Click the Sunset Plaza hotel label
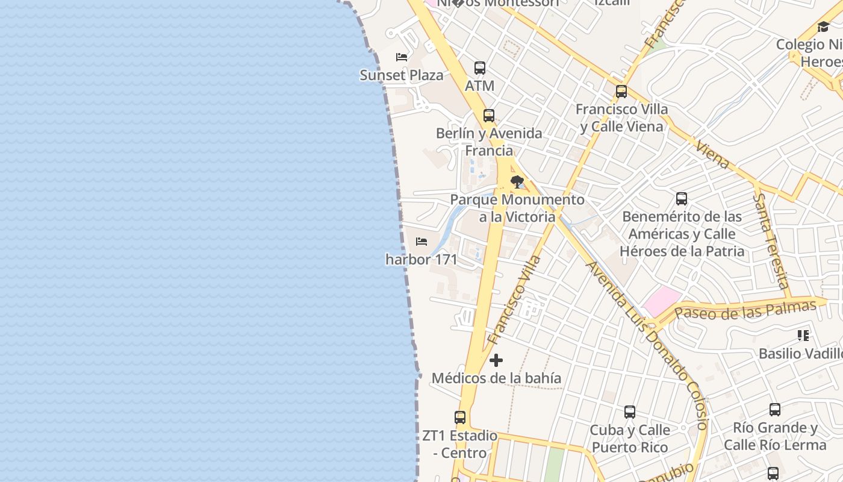[x=401, y=75]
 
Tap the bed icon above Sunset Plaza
[x=402, y=57]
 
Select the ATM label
[x=479, y=86]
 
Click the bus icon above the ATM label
[x=480, y=68]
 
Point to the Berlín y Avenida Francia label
[x=489, y=142]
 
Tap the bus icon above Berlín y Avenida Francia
[x=489, y=116]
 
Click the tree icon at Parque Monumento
[x=517, y=181]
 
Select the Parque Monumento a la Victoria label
[x=517, y=208]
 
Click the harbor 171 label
[x=421, y=260]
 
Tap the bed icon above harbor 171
[x=421, y=242]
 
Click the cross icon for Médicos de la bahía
[x=496, y=360]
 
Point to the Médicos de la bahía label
[x=496, y=378]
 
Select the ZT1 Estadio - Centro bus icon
[x=460, y=417]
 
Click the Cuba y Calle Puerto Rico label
[x=630, y=439]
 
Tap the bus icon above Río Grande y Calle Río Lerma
[x=775, y=410]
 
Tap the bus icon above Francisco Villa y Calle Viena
[x=621, y=92]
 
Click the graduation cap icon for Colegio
[x=823, y=27]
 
